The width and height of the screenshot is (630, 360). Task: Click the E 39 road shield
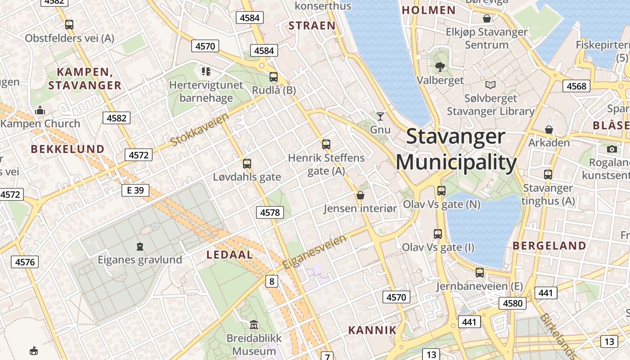click(x=135, y=190)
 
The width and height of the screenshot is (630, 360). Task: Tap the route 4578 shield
click(x=270, y=212)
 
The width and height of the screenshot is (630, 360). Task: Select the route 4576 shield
click(x=25, y=262)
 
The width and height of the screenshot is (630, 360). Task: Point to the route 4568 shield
click(x=576, y=86)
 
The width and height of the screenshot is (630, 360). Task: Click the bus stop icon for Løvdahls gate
click(x=247, y=164)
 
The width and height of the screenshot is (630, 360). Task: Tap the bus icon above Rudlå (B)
click(x=273, y=77)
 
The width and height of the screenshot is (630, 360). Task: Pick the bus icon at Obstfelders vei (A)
click(x=69, y=25)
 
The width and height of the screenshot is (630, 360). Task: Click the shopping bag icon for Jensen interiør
click(x=360, y=195)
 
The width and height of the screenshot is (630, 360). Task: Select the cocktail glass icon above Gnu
click(x=380, y=117)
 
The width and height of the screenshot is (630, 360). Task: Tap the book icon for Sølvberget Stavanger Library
click(x=490, y=85)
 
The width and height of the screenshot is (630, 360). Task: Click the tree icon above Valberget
click(x=440, y=67)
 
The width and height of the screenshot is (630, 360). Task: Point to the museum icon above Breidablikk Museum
click(x=254, y=324)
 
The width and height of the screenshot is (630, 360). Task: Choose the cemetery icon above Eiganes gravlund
click(x=140, y=246)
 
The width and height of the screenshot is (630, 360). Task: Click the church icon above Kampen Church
click(x=40, y=110)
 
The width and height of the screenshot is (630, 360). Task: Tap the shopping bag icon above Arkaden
click(x=549, y=130)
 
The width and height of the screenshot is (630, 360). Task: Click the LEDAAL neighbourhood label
click(x=229, y=255)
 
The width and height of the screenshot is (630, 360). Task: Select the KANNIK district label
click(x=372, y=330)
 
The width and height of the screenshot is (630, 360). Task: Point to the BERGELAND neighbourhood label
click(x=549, y=246)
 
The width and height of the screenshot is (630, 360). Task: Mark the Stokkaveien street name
click(x=200, y=130)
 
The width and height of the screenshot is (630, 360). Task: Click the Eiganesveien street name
click(x=315, y=252)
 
